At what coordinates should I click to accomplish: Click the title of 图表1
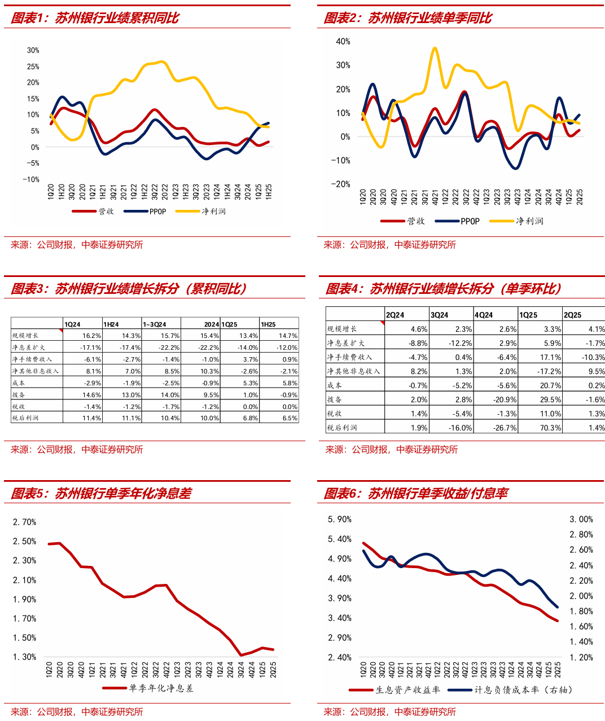95,18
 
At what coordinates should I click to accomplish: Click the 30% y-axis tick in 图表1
33,50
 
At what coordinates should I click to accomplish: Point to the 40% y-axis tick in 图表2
343,41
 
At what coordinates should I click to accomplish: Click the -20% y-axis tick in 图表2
341,184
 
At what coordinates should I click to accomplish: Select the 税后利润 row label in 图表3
26,418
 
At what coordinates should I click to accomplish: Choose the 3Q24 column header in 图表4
440,315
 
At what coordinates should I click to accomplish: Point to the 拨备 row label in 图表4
335,399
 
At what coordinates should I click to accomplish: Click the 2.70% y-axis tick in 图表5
25,522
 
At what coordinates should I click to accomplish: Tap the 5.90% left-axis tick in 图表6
340,519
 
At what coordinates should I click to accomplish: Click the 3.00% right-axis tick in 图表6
581,519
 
